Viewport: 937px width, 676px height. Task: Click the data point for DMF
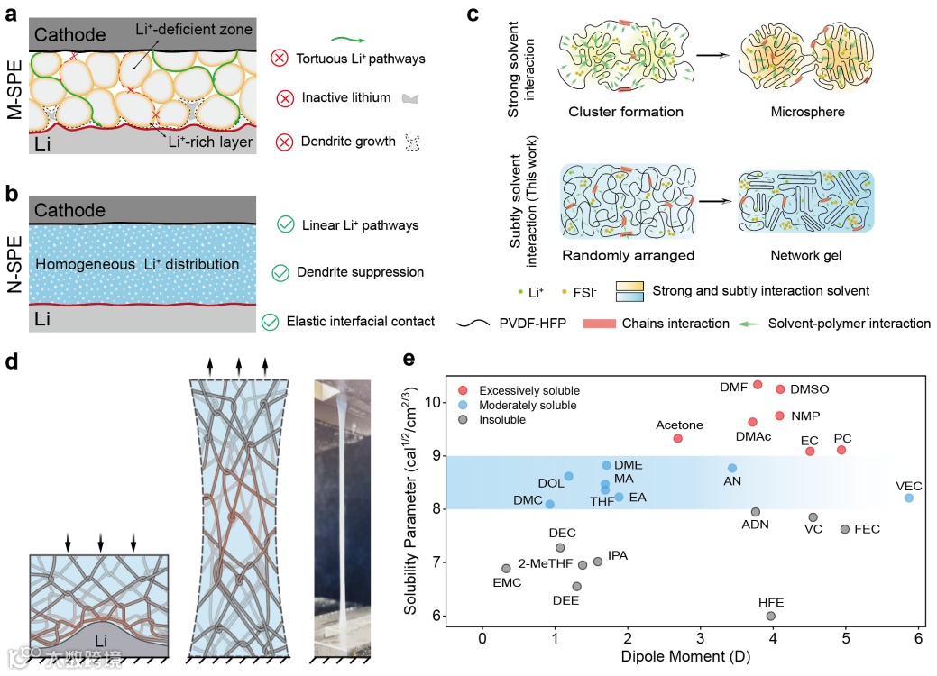(758, 385)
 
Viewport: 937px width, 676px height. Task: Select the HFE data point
(771, 616)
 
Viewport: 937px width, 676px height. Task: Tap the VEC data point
(909, 498)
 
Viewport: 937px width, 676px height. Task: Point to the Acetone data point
(678, 438)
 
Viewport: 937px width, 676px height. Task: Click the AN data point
(732, 468)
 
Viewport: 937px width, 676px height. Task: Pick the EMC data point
(506, 569)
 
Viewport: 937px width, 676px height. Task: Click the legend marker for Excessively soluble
(464, 390)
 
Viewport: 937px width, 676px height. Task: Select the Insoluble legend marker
(464, 419)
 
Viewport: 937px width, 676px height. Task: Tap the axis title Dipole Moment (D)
(685, 658)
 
